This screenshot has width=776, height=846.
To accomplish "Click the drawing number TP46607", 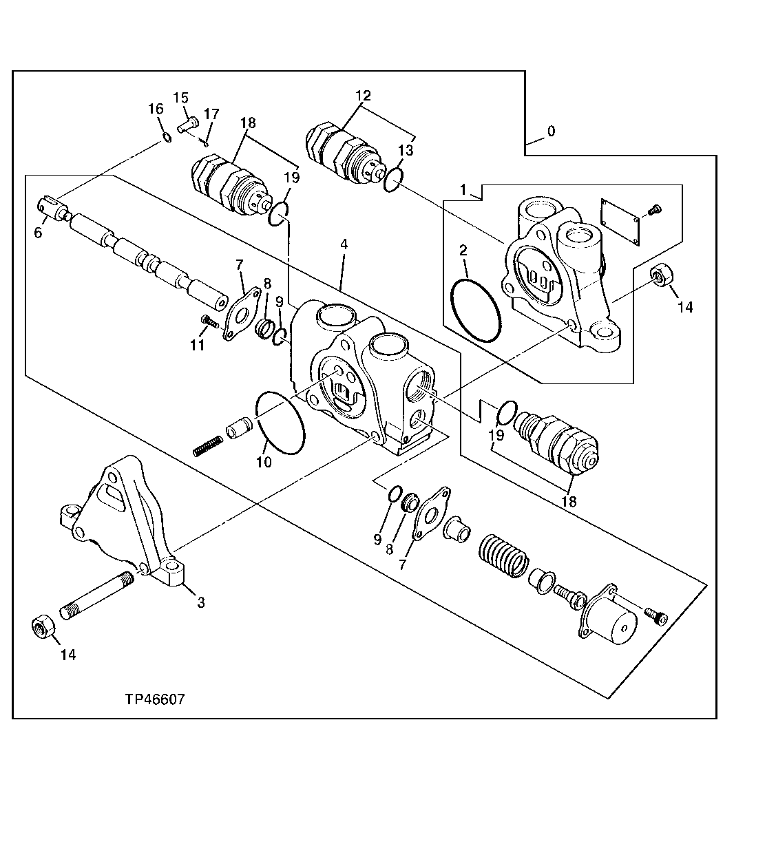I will [x=154, y=699].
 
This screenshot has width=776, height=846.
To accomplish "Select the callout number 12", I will [x=363, y=95].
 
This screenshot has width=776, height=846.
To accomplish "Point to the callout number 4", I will [x=342, y=244].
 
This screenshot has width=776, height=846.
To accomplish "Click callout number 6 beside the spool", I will [x=38, y=233].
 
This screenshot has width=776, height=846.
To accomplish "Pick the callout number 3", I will [x=200, y=602].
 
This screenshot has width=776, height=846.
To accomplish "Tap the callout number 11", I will [x=197, y=345].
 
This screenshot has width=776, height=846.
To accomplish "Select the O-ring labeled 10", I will [x=280, y=423].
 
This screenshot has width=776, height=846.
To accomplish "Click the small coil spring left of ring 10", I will [x=207, y=447].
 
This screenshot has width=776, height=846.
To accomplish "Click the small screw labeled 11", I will [x=209, y=320].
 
